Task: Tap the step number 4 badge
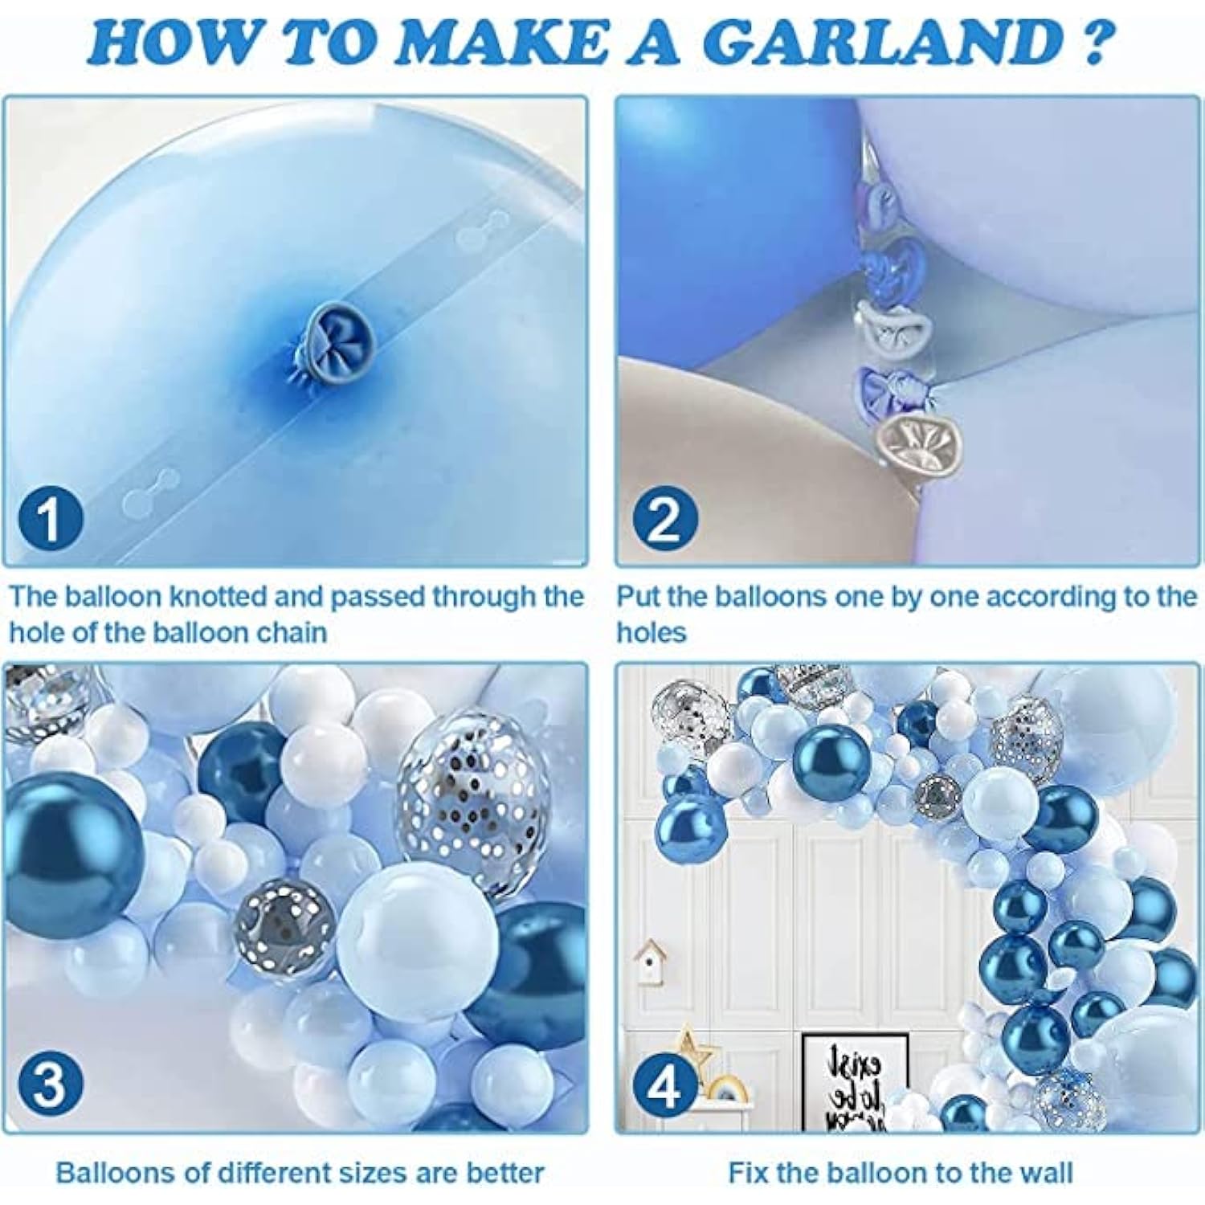pyautogui.click(x=664, y=1087)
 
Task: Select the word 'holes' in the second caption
pyautogui.click(x=652, y=633)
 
